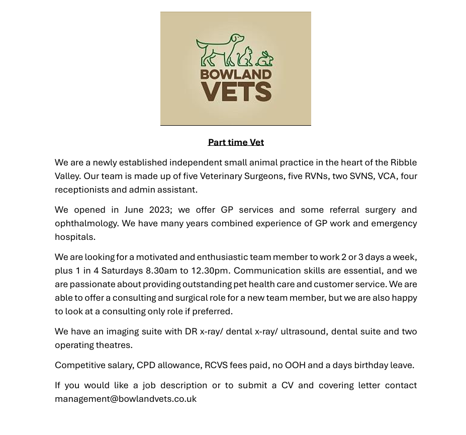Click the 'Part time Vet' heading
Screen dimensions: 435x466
[236, 142]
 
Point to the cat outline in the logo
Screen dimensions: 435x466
[245, 56]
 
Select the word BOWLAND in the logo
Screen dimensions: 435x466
[236, 75]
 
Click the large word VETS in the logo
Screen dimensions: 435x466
[236, 93]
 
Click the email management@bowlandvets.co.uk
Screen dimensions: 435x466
[126, 399]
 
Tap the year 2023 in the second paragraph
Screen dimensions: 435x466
[160, 210]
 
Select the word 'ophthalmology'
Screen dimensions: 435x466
[84, 223]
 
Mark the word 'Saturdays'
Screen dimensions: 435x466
[123, 271]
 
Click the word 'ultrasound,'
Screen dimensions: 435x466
[304, 331]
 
